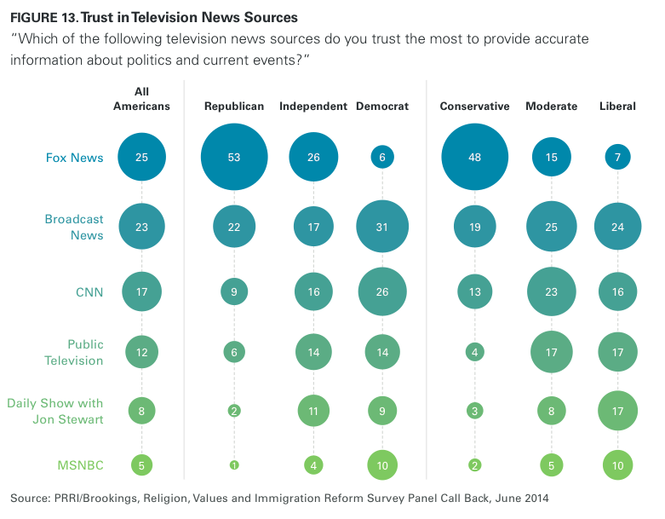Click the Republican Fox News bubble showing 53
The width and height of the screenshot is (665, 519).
coord(234,157)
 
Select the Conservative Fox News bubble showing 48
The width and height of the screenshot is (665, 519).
coord(475,157)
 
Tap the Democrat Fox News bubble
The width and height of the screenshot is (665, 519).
coord(382,157)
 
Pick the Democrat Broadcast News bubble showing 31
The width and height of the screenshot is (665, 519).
coord(382,226)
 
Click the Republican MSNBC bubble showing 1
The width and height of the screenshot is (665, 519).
coord(234,464)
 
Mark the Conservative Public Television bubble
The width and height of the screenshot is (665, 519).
coord(475,352)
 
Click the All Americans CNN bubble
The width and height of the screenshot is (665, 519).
coord(141,292)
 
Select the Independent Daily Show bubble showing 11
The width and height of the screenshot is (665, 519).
coord(312,411)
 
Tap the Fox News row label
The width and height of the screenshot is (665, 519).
coord(74,157)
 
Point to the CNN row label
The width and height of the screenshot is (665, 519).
coord(89,292)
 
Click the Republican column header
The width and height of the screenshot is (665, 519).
coord(234,107)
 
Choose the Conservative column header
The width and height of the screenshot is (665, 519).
coord(475,107)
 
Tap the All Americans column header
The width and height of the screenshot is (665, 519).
coord(141,99)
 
